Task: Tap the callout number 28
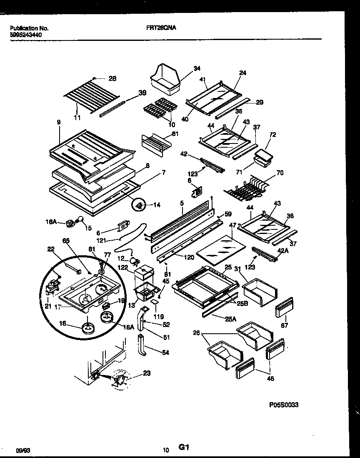click(x=112, y=78)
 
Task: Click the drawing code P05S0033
click(x=281, y=405)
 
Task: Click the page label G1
click(x=184, y=448)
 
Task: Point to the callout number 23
click(x=146, y=373)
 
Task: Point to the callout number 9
click(x=59, y=122)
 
